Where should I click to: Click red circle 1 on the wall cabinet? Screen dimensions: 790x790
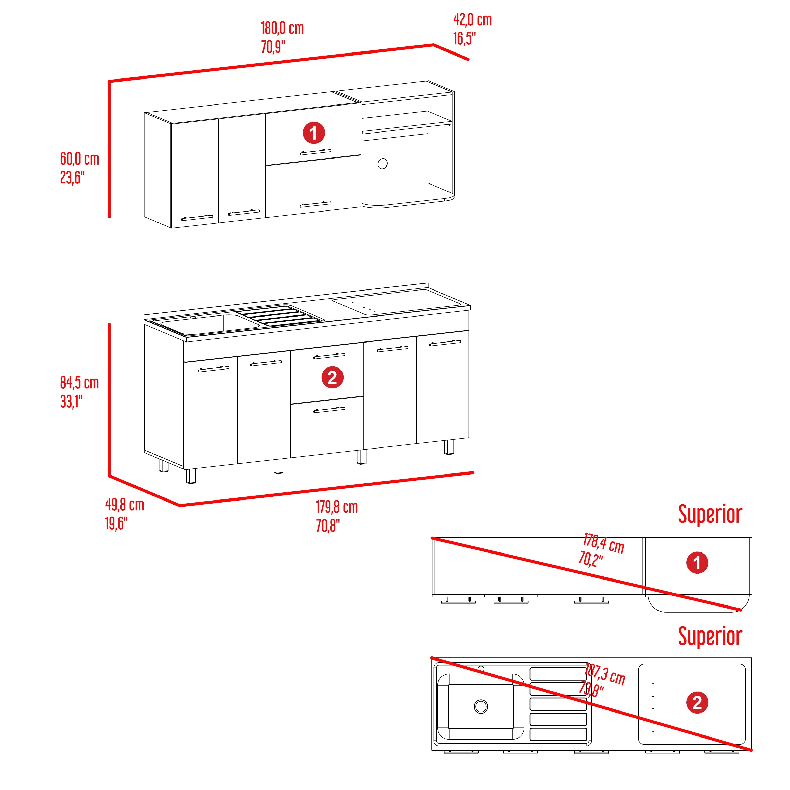click(314, 133)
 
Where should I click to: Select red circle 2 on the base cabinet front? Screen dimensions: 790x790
click(332, 377)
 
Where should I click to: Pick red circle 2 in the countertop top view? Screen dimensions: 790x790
click(697, 702)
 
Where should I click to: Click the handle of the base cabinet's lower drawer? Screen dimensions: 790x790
click(329, 410)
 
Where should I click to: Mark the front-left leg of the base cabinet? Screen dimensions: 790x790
click(191, 476)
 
